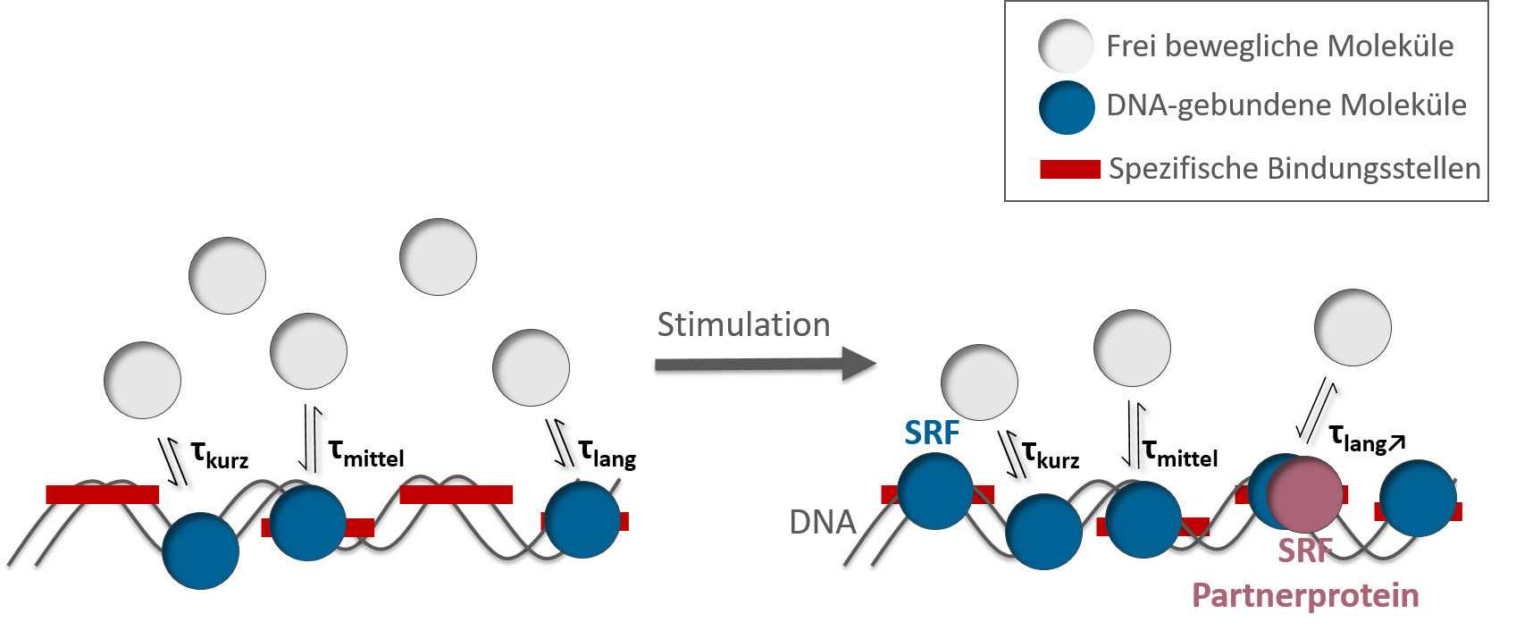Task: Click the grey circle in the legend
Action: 1066,46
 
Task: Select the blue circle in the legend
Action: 1067,107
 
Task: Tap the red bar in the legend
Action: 1069,169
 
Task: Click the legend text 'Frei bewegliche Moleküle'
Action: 1279,46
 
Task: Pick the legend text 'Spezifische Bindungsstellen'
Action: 1294,169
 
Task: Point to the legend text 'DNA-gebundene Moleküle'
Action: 1286,105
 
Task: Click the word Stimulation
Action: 743,324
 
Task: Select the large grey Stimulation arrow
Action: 765,364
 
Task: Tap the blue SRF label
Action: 932,433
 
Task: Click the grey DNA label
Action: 823,522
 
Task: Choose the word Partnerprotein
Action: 1305,595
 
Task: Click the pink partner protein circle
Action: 1305,494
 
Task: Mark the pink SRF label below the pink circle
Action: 1305,551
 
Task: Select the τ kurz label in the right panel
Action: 1051,455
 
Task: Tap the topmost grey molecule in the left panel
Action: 438,256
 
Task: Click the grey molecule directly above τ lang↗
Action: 1353,327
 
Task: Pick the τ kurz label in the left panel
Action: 220,455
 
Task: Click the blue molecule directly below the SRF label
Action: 935,491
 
